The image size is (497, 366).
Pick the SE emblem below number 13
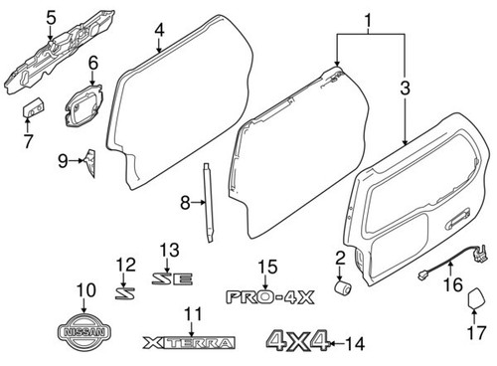169,280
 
